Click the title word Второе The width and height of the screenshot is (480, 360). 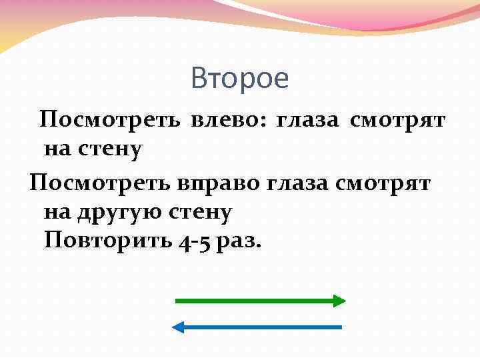tap(239, 79)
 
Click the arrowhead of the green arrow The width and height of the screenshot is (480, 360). tap(339, 301)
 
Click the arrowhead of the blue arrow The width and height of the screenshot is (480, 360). tap(179, 327)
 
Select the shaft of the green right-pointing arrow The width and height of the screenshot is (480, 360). tap(253, 301)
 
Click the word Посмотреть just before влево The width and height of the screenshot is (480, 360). tap(110, 120)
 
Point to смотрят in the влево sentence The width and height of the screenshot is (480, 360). tap(397, 120)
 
